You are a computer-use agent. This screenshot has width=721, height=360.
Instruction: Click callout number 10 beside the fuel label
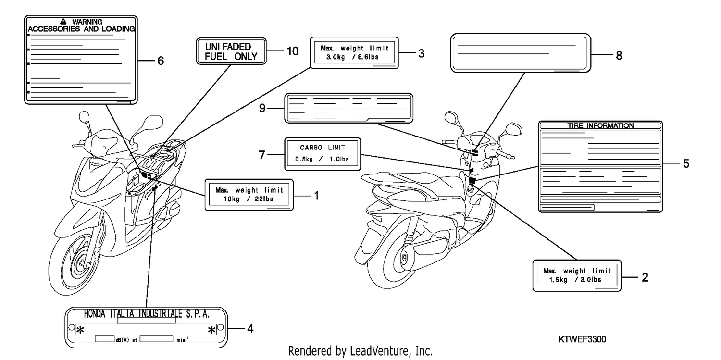tap(293, 51)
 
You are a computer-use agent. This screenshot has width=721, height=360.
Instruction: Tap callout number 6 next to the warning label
tap(161, 61)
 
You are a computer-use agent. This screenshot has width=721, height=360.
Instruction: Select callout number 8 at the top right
tap(619, 55)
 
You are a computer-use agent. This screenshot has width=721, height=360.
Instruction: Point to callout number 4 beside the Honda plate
tap(250, 328)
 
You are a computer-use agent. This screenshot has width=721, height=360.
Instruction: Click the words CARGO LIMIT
tap(323, 148)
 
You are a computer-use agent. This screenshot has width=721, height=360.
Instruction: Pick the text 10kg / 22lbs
tap(249, 199)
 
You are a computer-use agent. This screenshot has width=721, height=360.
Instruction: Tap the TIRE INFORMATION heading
tap(600, 125)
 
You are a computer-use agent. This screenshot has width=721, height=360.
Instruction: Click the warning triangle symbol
tap(63, 22)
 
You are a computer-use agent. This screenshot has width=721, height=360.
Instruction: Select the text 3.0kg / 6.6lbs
tap(352, 57)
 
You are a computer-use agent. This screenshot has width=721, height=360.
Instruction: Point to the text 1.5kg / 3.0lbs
tap(575, 280)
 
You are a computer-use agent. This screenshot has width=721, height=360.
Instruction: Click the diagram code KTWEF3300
tap(582, 339)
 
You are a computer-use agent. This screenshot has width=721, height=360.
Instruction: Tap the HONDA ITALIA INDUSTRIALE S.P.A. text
tap(147, 314)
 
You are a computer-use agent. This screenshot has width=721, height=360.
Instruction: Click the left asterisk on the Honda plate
tap(80, 330)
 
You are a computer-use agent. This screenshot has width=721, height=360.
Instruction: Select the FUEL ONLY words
tap(231, 57)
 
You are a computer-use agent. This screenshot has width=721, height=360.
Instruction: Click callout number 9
tap(262, 108)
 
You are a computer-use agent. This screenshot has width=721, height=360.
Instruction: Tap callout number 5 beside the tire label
tap(686, 163)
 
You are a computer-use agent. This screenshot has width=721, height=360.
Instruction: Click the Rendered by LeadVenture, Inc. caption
tap(360, 351)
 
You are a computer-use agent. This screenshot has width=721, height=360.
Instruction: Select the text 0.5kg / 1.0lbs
tap(322, 159)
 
